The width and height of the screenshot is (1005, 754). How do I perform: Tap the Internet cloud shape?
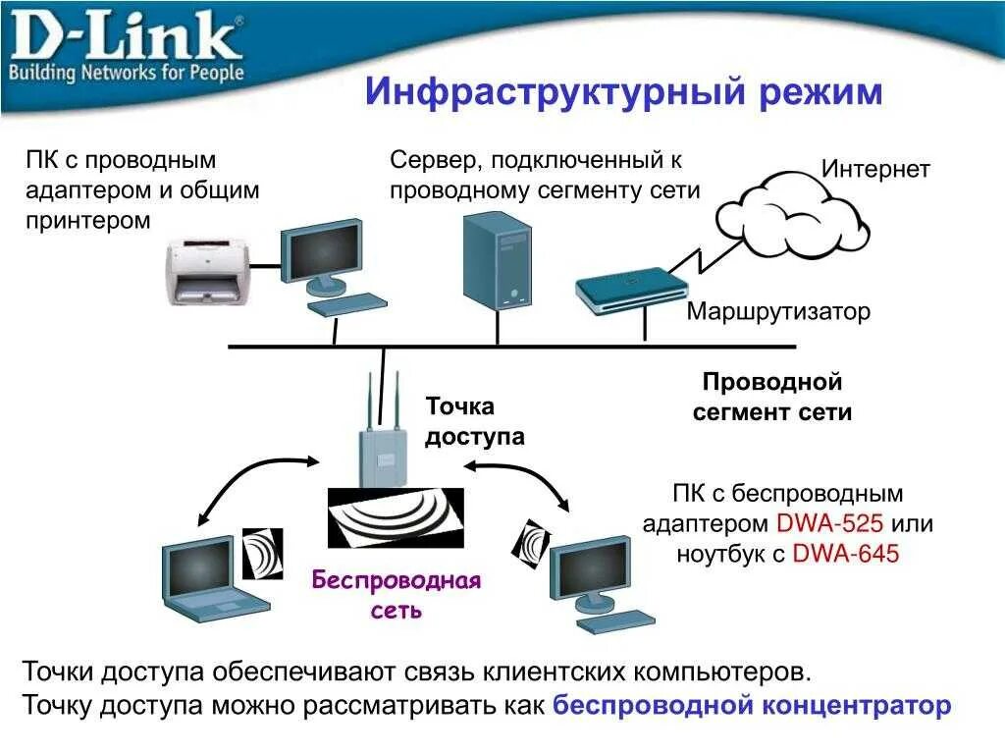coord(791,210)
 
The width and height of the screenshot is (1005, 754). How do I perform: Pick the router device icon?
coord(631,290)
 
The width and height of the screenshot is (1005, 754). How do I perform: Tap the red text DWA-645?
coord(845,554)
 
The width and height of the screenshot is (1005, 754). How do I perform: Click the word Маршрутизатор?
coord(778,312)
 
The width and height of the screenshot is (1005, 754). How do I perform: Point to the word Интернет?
coord(875,169)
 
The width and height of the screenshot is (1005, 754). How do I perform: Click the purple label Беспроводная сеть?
coord(397,594)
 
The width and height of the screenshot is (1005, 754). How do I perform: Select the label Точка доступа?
coord(474,421)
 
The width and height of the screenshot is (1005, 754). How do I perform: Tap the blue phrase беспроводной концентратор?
coord(752,705)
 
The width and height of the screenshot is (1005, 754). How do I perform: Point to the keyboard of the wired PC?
coord(345,302)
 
